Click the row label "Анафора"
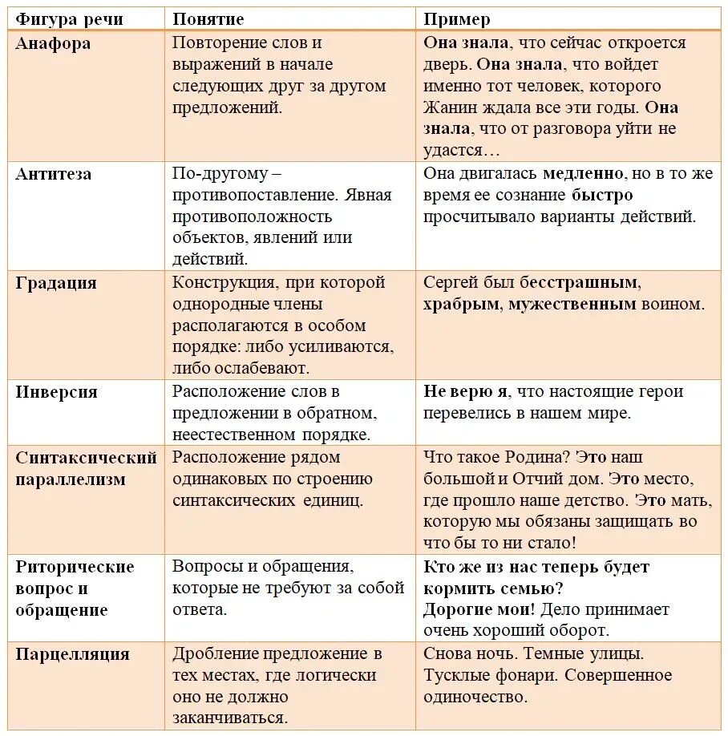pos(53,43)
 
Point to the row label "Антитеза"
pos(54,174)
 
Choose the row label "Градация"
pos(56,283)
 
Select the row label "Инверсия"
pos(56,392)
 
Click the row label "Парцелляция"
pos(72,654)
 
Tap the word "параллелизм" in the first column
pos(71,479)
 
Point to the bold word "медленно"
pos(583,173)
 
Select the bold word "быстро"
pos(602,195)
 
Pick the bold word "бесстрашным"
pos(579,282)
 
